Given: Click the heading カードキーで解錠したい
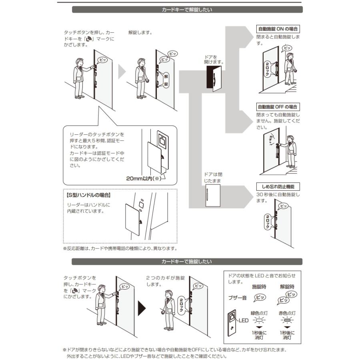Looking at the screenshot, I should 187,10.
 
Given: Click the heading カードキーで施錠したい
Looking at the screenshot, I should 187,262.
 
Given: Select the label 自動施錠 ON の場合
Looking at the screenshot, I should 278,29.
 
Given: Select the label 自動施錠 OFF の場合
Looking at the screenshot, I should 278,107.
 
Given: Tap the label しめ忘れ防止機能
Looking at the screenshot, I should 278,187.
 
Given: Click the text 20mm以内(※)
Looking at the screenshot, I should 143,179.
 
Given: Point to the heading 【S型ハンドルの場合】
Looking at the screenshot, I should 88,196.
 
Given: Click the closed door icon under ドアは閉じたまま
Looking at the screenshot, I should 212,196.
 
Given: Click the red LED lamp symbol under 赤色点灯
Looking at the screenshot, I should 287,320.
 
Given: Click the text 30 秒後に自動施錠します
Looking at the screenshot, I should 278,198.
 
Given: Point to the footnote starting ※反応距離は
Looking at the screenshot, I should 120,248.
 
